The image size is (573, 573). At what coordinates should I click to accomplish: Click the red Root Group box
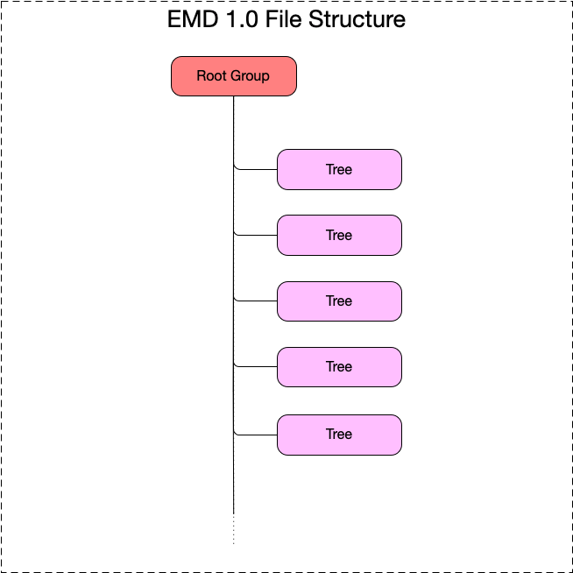[x=234, y=76]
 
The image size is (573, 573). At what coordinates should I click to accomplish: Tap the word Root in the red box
[x=211, y=76]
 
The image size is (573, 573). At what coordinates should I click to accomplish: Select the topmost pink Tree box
[x=339, y=169]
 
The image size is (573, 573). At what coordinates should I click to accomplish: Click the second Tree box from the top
[x=339, y=235]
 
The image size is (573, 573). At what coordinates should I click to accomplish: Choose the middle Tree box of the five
[x=339, y=301]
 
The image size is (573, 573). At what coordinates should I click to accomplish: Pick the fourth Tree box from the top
[x=339, y=366]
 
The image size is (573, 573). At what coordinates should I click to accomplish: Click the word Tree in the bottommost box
[x=339, y=435]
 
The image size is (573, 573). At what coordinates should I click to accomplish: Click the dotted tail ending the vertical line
[x=234, y=529]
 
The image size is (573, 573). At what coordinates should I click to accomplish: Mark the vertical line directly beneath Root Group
[x=234, y=123]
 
